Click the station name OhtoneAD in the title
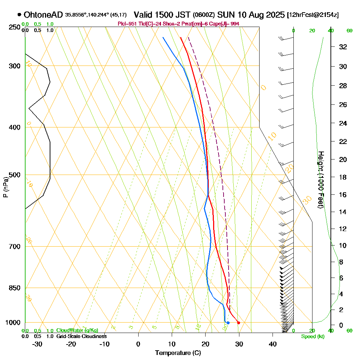[x=43, y=15]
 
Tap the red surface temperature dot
[x=238, y=323]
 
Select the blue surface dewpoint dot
[x=228, y=323]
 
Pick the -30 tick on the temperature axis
[x=37, y=344]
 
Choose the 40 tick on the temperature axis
[x=273, y=344]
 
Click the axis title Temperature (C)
[x=178, y=353]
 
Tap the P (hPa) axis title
[x=5, y=187]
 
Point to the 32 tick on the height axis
[x=343, y=47]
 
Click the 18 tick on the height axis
[x=343, y=177]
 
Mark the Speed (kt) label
[x=312, y=337]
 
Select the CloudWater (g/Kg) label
[x=77, y=330]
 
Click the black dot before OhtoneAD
[x=19, y=15]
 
